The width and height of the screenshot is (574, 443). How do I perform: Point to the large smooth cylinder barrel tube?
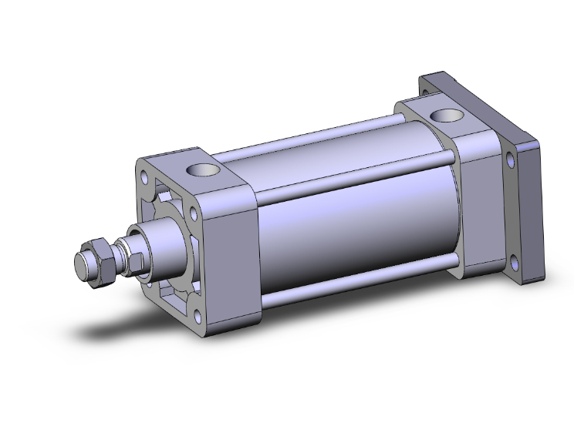click(347, 216)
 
